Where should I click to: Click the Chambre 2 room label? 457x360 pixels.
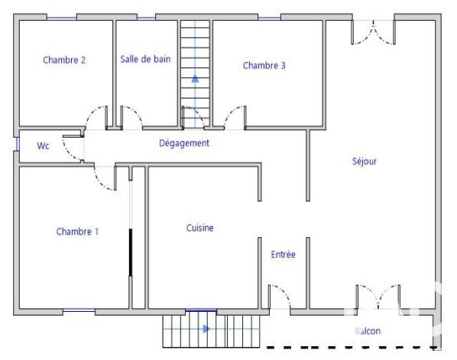point(64,60)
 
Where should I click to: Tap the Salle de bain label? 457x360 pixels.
point(145,58)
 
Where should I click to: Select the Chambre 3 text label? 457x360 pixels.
point(264,66)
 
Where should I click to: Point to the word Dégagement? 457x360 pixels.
point(184,143)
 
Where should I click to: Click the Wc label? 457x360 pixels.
point(44,146)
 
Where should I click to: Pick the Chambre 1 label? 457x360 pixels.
point(77,232)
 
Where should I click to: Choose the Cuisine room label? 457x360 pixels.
point(200,228)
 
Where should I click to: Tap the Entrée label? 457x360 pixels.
point(284,255)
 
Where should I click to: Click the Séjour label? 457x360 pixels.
point(365,161)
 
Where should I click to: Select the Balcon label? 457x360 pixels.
point(368,331)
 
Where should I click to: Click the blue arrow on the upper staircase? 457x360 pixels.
point(195,77)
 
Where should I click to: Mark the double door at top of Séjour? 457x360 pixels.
point(374,31)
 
